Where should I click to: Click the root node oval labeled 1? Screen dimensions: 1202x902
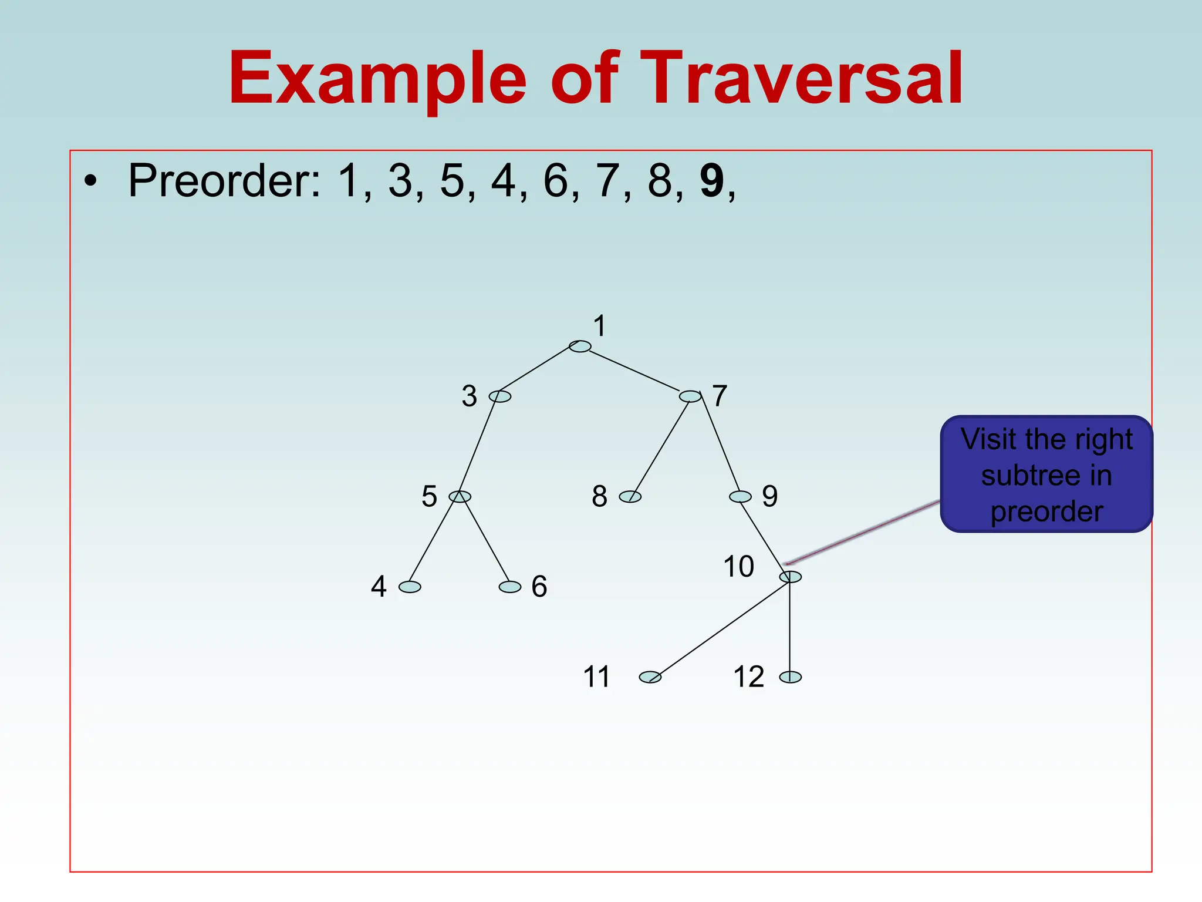point(580,346)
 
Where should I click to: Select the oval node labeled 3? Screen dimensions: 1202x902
point(500,396)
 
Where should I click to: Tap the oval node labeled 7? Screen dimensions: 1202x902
point(690,396)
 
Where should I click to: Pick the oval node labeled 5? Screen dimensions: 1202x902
point(460,497)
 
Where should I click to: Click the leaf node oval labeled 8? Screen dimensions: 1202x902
point(630,497)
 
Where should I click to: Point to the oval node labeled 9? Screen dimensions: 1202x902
point(740,497)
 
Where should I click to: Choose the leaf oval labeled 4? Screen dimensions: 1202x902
point(410,587)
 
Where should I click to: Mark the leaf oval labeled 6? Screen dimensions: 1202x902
point(510,587)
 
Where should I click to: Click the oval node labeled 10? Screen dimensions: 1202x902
point(791,577)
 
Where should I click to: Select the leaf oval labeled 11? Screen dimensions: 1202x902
point(650,677)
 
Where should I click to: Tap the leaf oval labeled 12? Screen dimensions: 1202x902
point(791,677)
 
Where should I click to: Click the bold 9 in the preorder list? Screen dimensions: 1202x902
point(712,181)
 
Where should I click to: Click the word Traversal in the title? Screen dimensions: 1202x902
point(801,79)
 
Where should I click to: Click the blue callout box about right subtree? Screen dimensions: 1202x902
point(1046,474)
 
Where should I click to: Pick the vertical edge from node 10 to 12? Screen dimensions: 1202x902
point(790,627)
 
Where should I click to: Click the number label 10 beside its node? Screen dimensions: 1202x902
point(738,567)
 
